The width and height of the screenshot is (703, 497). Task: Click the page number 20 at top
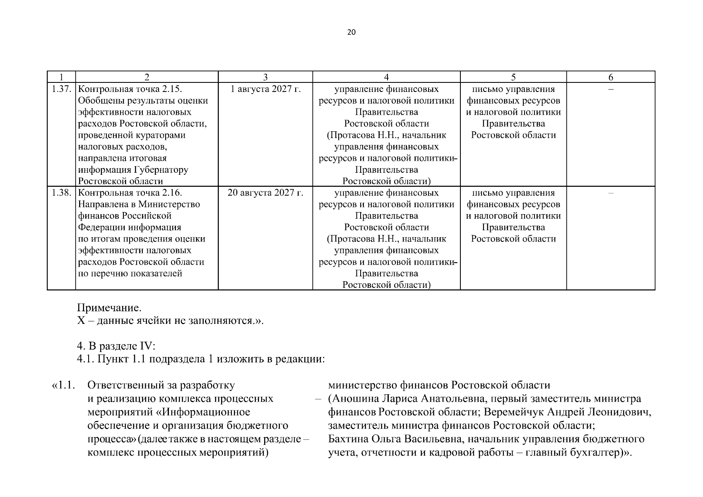(351, 32)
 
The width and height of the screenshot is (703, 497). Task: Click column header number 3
(265, 77)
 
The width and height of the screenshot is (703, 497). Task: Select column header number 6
(610, 77)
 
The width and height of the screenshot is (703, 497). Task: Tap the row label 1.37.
(61, 89)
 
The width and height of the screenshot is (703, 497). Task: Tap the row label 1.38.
(61, 193)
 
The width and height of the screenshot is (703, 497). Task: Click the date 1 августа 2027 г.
(265, 89)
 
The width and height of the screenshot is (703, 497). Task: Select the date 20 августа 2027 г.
(265, 193)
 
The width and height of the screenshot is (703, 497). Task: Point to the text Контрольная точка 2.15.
(130, 89)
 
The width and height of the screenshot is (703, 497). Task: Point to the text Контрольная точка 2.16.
(130, 193)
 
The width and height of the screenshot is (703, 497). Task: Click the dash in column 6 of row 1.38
(610, 193)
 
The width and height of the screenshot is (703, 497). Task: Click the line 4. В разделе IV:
(116, 346)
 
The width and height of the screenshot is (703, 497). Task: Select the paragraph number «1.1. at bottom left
(63, 385)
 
